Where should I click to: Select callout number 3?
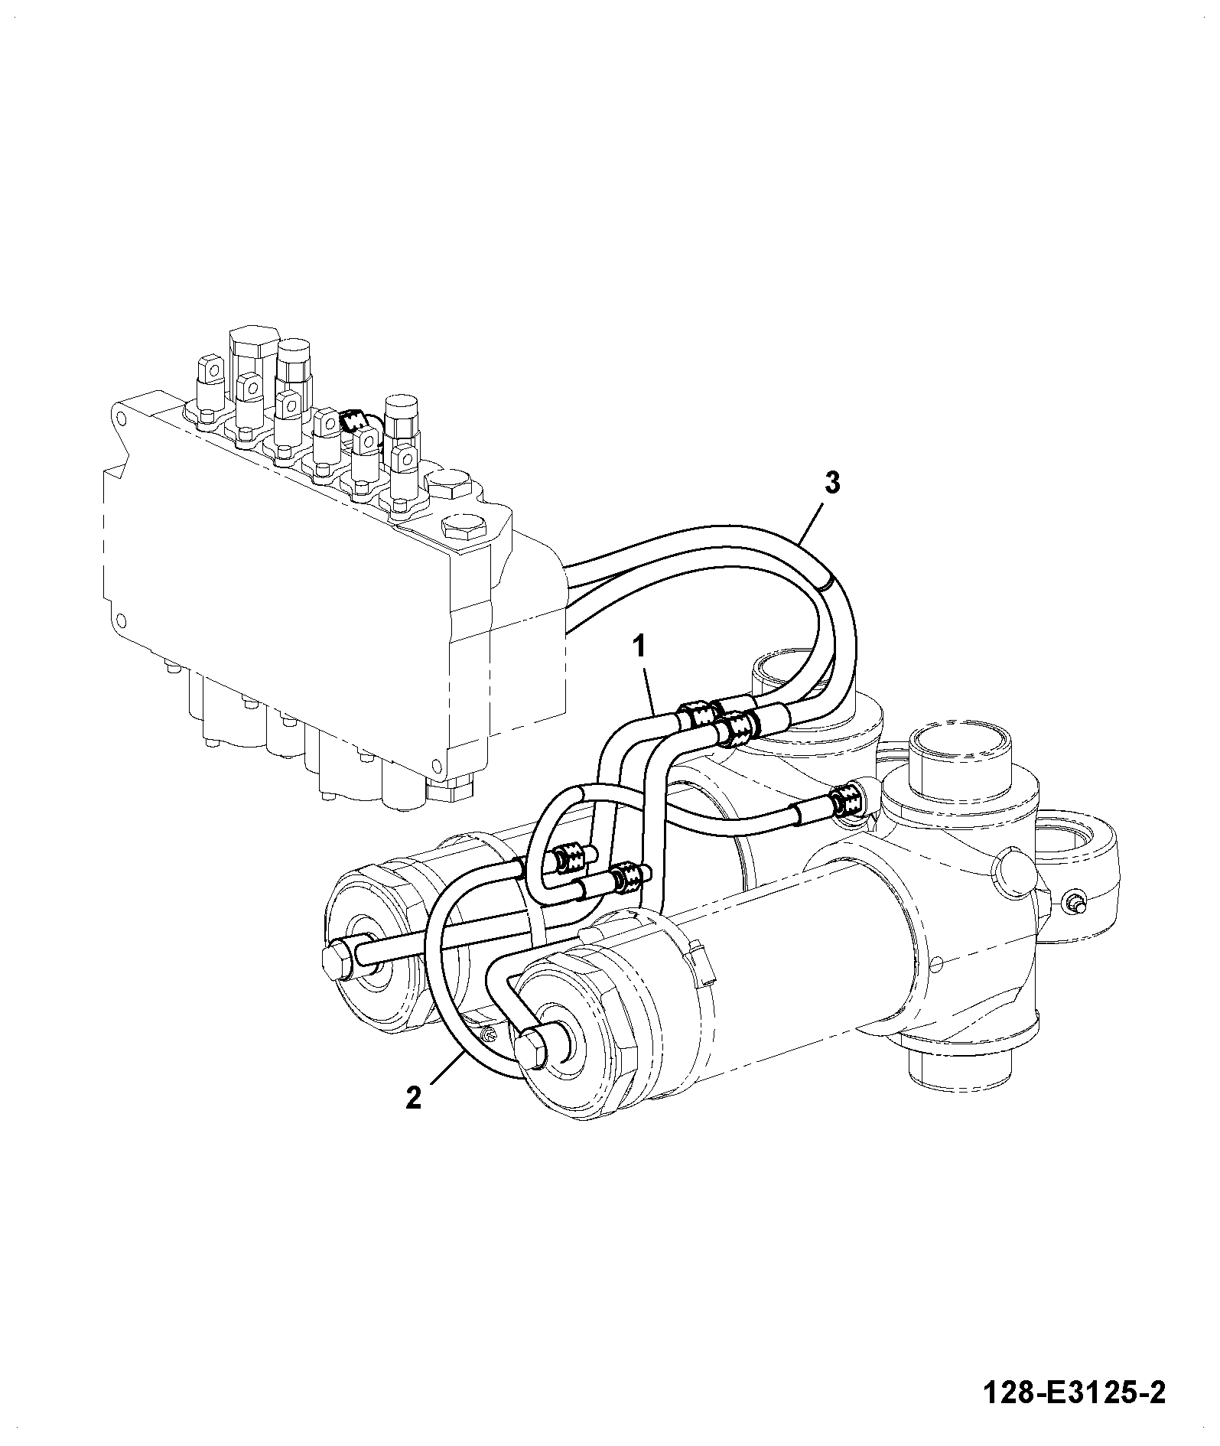[x=832, y=484]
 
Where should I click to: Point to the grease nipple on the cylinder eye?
[x=1075, y=904]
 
